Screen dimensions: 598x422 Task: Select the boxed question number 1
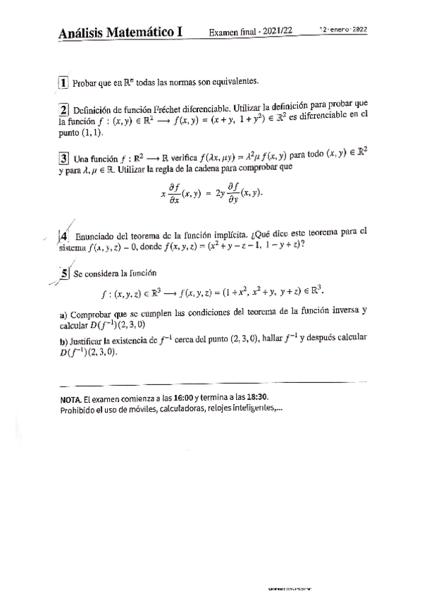(63, 83)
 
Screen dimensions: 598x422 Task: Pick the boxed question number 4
(64, 237)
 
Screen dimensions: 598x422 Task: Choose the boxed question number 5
(64, 273)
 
